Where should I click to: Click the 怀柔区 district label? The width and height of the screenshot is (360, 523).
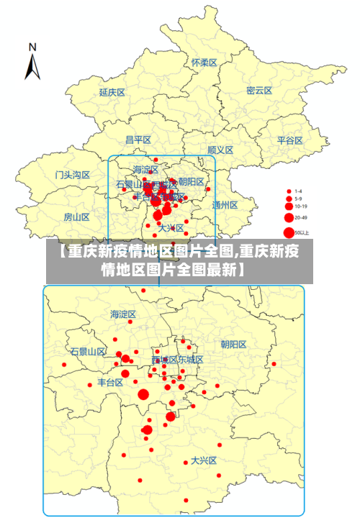click(x=204, y=63)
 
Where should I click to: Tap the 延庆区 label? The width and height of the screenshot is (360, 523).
click(x=112, y=92)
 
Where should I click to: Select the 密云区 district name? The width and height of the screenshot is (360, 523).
click(x=259, y=91)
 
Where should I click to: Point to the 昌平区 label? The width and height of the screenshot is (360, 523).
click(x=138, y=140)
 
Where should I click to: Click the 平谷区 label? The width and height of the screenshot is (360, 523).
click(x=290, y=140)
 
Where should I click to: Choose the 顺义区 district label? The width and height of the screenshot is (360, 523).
click(x=220, y=150)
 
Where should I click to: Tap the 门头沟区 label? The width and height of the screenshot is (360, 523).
click(x=73, y=175)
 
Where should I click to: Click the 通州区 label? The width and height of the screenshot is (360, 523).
click(x=225, y=204)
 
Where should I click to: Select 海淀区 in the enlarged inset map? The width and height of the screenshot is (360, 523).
click(x=123, y=314)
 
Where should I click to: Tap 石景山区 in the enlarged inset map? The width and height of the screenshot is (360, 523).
click(x=88, y=352)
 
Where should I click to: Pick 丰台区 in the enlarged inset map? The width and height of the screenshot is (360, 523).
click(x=110, y=383)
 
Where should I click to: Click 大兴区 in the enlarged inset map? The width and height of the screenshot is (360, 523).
click(x=204, y=461)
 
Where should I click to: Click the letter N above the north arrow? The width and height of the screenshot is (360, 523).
click(x=32, y=47)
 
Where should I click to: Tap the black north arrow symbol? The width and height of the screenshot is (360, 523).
click(x=32, y=67)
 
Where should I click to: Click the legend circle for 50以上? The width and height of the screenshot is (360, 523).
click(x=289, y=232)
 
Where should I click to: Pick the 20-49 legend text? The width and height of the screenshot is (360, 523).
click(x=300, y=217)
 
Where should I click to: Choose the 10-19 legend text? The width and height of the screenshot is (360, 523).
click(x=300, y=206)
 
